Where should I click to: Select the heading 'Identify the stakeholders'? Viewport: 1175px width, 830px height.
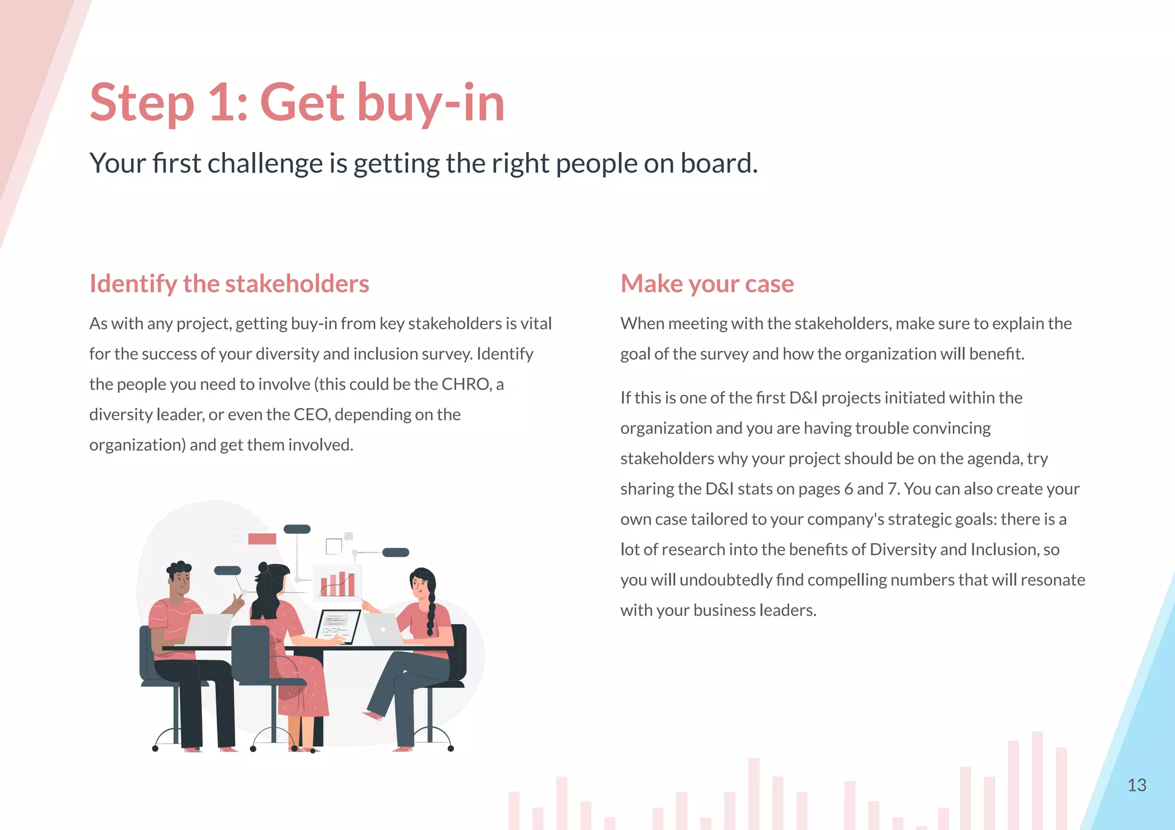coord(229,284)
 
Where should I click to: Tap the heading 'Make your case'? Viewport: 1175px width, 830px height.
coord(707,284)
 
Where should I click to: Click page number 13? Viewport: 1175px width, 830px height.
coord(1137,785)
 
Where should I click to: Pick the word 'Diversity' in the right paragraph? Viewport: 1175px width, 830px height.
coord(902,550)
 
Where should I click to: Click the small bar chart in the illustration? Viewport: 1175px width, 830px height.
coord(337,584)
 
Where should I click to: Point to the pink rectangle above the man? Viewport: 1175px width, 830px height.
coord(262,539)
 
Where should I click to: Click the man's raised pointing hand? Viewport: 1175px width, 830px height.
coord(236,603)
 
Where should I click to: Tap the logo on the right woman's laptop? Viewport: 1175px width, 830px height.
coord(383,629)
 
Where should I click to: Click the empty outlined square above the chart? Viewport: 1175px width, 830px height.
coord(333,546)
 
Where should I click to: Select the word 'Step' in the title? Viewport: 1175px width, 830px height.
coord(142,103)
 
